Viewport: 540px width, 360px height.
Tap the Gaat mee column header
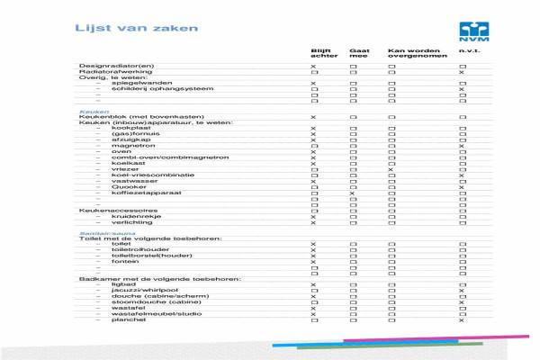click(x=359, y=54)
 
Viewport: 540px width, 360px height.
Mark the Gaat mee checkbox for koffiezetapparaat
click(x=353, y=193)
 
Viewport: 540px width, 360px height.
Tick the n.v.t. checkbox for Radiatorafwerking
click(x=462, y=73)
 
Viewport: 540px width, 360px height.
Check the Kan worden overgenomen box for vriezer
click(x=391, y=169)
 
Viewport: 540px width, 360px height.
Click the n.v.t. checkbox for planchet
click(x=462, y=320)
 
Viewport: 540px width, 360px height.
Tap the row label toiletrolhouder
click(x=135, y=249)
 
